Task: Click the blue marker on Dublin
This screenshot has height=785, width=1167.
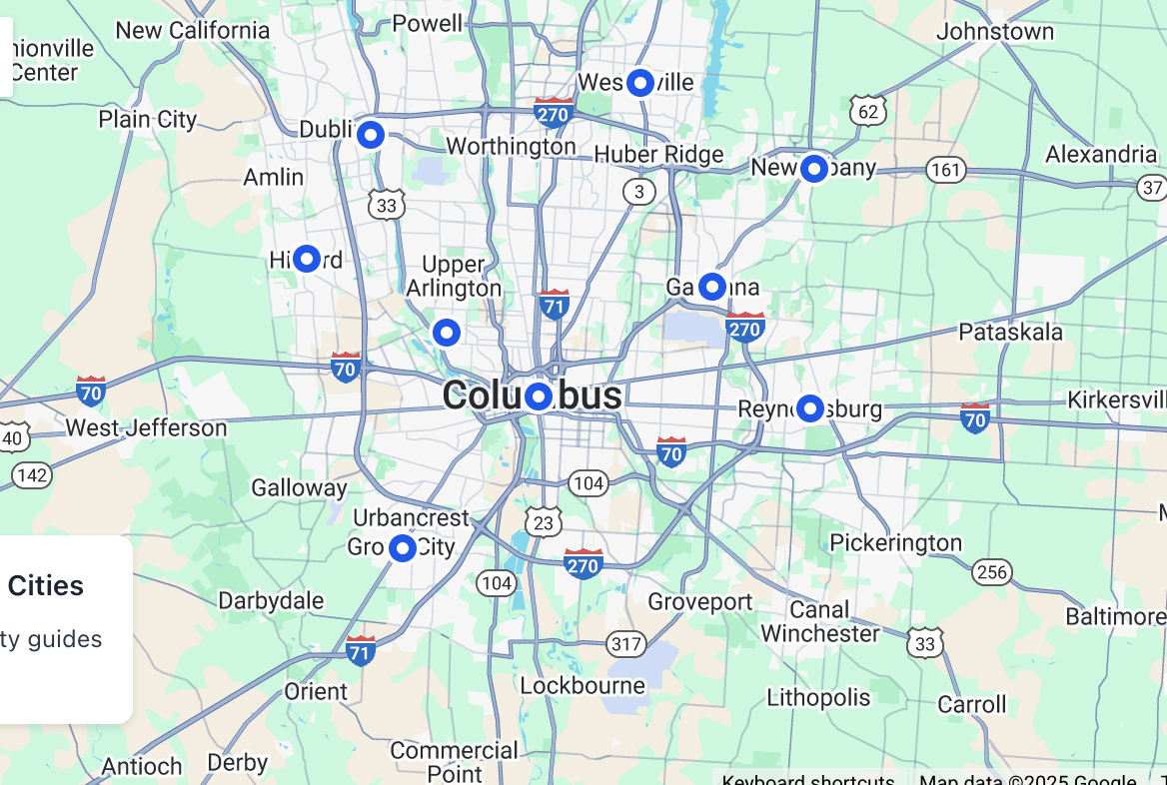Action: point(371,134)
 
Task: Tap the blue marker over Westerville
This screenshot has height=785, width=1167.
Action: point(639,83)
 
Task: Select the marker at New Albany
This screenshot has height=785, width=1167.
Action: point(814,169)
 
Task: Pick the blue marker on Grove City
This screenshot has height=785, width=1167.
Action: point(403,547)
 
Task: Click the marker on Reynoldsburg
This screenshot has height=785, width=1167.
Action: point(809,408)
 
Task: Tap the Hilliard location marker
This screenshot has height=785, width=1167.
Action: point(306,260)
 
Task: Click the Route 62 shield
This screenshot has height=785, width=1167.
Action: point(868,110)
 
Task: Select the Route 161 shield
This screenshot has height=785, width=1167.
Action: point(945,170)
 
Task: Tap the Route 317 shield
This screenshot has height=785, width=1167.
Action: point(626,643)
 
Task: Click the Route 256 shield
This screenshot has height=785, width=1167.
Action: point(991,571)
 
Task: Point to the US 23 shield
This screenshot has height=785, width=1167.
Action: point(544,521)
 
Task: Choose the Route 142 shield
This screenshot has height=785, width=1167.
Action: point(33,474)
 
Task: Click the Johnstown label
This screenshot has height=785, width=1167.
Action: point(994,32)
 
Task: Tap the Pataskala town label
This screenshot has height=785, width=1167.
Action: point(1010,332)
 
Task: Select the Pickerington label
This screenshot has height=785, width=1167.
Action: point(895,543)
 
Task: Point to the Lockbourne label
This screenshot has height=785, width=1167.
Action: point(583,686)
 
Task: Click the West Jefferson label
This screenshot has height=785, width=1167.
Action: point(146,428)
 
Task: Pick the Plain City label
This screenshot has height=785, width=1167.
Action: point(148,120)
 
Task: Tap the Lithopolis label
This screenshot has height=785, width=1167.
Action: point(818,697)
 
